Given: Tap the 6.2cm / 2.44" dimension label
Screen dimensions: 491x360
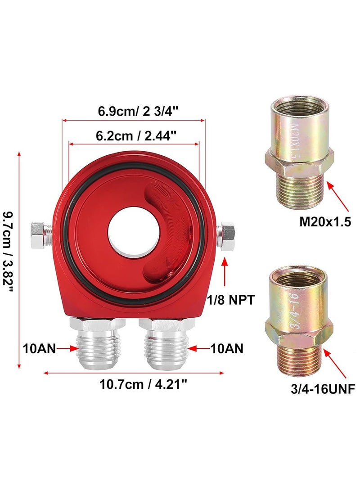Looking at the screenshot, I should [134, 135].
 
